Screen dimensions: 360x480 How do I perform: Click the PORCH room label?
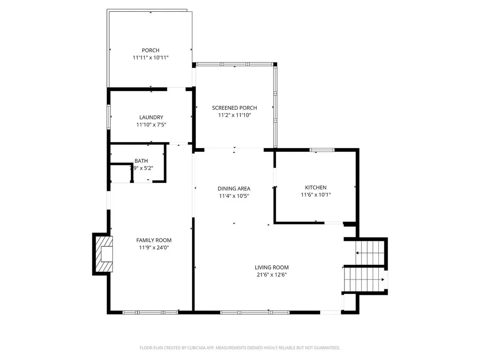(x=150, y=50)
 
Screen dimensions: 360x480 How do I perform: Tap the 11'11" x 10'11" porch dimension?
(x=150, y=58)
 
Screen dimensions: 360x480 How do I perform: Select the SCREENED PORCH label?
(x=234, y=108)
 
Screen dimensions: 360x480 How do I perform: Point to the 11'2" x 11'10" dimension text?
(x=234, y=115)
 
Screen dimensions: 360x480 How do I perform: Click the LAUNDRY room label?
(x=151, y=117)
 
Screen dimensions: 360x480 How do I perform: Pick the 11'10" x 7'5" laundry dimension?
(x=151, y=125)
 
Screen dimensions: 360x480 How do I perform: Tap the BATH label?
(x=141, y=161)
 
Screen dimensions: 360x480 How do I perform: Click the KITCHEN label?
(x=316, y=187)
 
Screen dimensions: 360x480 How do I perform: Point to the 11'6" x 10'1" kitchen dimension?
(x=316, y=195)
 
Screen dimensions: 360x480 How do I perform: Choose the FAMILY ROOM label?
(x=154, y=240)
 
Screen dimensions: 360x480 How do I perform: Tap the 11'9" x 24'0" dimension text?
(x=154, y=247)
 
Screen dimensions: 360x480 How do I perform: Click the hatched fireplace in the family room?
(x=104, y=254)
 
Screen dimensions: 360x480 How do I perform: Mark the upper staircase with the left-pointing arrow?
(x=369, y=252)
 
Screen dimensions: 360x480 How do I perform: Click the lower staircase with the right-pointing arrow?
(x=365, y=279)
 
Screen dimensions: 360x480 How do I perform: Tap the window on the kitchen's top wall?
(x=322, y=150)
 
